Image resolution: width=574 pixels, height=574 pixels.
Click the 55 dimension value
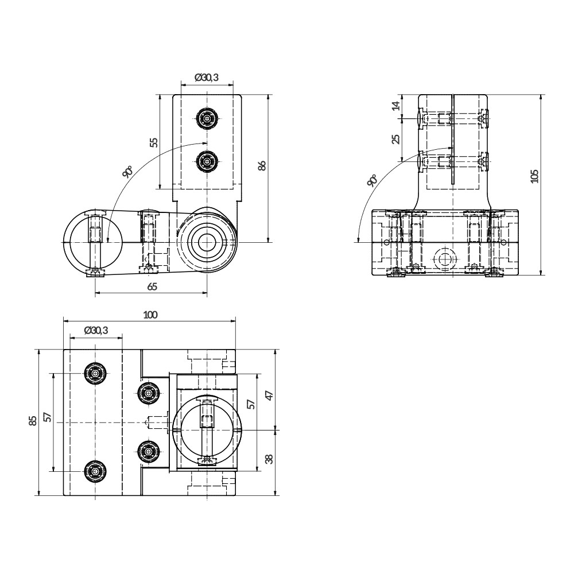(154, 142)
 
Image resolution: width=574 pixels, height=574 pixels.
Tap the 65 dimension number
(152, 286)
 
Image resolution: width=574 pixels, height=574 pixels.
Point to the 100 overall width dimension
(150, 314)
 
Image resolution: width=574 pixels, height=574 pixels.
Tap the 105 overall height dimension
(534, 176)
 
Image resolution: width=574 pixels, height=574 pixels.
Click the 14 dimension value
(395, 106)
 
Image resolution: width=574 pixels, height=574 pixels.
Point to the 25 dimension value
(395, 139)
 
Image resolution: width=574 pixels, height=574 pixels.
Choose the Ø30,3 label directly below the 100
(95, 330)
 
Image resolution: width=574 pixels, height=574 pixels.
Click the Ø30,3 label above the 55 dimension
(207, 77)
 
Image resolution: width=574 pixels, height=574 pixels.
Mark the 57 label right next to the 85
(46, 417)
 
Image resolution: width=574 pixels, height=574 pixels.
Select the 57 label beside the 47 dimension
(250, 404)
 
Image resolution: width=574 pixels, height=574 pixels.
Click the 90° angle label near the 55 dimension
(127, 172)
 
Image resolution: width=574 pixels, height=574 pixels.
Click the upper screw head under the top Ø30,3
(207, 119)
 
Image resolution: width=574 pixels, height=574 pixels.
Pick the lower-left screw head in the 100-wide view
(95, 471)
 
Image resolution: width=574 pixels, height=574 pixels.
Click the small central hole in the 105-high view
(443, 259)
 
